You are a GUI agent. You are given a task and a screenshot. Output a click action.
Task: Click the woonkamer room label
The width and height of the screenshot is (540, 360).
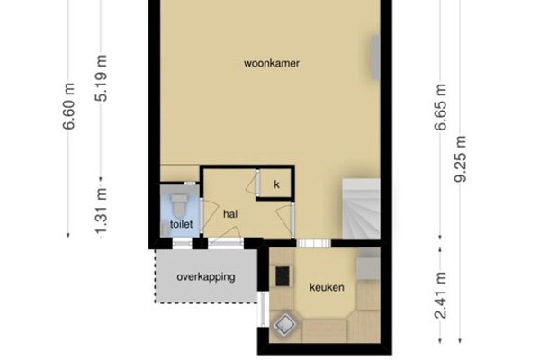point(272,63)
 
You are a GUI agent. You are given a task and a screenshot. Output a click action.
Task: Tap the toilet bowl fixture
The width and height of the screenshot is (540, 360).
point(179,206)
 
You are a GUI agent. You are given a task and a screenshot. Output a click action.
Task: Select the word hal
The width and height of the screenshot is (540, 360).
point(230,214)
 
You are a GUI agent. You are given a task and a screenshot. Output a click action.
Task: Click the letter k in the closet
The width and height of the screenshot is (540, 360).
point(277,184)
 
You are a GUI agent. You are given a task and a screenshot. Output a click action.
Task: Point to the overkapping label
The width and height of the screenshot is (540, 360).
point(206,277)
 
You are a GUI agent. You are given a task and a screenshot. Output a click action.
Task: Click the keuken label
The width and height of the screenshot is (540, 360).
point(327,287)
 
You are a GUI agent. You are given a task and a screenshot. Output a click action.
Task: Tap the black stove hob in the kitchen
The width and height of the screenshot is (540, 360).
point(283,276)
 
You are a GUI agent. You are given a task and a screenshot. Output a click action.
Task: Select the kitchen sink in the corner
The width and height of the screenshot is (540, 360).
point(284,324)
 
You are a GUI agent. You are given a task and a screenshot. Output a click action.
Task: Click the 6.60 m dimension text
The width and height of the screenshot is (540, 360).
point(69,106)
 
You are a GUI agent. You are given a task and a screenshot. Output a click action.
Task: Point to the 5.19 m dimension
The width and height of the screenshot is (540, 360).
point(101,78)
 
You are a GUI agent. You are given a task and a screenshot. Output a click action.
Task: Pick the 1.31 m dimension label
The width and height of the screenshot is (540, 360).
point(101,213)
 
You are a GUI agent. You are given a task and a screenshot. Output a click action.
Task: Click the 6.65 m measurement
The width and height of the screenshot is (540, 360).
point(440,107)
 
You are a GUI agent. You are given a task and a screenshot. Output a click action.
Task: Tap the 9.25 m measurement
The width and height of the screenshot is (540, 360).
point(461,159)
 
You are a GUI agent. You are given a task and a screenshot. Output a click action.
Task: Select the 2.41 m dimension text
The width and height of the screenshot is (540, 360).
point(441,295)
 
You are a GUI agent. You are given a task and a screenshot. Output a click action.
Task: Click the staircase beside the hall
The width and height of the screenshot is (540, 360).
point(361,209)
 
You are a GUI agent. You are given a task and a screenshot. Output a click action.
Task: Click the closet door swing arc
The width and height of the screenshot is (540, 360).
point(251,183)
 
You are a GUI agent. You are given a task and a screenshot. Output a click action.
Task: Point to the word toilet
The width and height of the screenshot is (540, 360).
point(181,225)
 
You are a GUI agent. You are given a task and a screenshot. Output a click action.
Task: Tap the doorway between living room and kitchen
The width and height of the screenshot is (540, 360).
point(314,244)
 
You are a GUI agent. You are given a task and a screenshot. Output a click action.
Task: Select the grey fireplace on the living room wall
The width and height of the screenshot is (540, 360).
point(375,58)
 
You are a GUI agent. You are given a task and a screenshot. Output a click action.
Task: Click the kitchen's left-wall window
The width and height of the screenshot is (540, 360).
point(263,309)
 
